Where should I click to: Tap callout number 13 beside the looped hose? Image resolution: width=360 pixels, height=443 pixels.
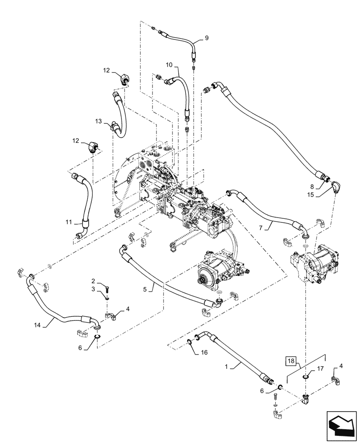pos(98,121)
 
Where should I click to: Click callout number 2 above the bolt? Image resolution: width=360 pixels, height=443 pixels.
pos(94,281)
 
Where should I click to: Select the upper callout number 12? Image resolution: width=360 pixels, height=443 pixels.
pos(106,70)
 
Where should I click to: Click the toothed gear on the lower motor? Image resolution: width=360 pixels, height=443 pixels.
pos(209,278)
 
